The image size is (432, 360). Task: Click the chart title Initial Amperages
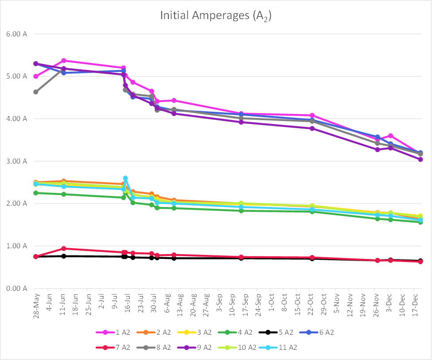coord(216,16)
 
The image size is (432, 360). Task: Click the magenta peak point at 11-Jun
coord(64,60)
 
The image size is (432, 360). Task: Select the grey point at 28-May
coord(36,92)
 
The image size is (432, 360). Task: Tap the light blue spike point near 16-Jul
coord(125,178)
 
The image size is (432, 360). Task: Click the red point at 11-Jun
coord(64,248)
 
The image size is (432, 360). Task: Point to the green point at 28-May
coord(36,193)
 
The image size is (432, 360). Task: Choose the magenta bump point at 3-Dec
coord(390,136)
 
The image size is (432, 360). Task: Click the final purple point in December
coord(420,159)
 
